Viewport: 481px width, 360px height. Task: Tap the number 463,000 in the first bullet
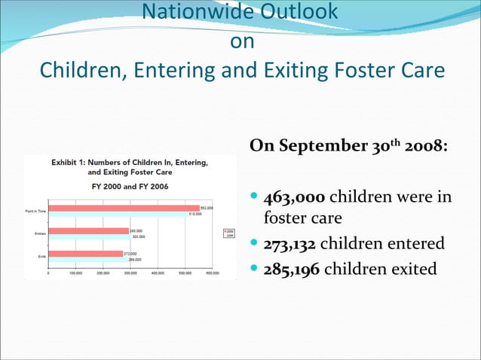tap(294, 198)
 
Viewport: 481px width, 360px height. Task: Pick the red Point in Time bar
tap(124, 208)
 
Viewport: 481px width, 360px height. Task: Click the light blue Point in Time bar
tap(118, 214)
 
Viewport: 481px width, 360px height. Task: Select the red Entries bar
tap(89, 230)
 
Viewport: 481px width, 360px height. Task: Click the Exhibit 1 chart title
tap(130, 166)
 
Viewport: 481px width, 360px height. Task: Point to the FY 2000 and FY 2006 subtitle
tap(130, 186)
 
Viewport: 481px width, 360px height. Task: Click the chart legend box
tap(229, 233)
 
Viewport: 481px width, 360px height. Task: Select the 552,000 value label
tap(207, 207)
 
